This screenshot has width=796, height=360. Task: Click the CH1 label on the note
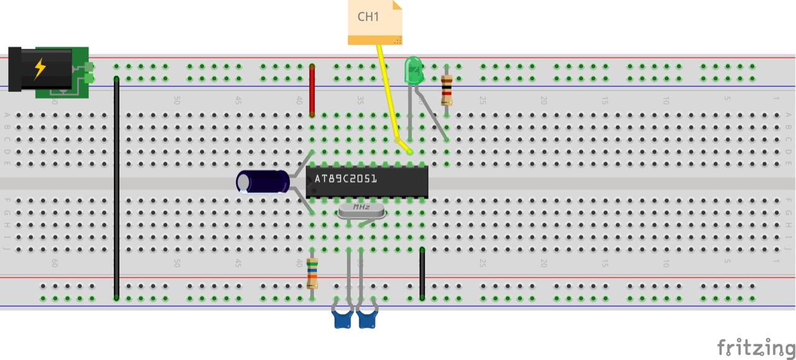pyautogui.click(x=368, y=17)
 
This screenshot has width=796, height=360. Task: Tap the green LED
pyautogui.click(x=413, y=70)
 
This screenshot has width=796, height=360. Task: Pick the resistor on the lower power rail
pyautogui.click(x=312, y=274)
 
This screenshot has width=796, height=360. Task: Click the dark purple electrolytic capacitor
pyautogui.click(x=264, y=182)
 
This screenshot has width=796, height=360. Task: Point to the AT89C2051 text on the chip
pyautogui.click(x=345, y=179)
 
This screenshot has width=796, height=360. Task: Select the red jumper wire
pyautogui.click(x=312, y=90)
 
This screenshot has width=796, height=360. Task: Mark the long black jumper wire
pyautogui.click(x=116, y=187)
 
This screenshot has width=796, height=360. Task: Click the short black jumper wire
pyautogui.click(x=422, y=274)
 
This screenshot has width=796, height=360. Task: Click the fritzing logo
pyautogui.click(x=756, y=347)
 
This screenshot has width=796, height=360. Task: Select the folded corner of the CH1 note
pyautogui.click(x=397, y=5)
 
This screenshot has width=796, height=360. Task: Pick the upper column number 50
pyautogui.click(x=177, y=100)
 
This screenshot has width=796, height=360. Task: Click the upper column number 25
pyautogui.click(x=483, y=100)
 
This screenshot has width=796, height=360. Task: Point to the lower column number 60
pyautogui.click(x=55, y=264)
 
